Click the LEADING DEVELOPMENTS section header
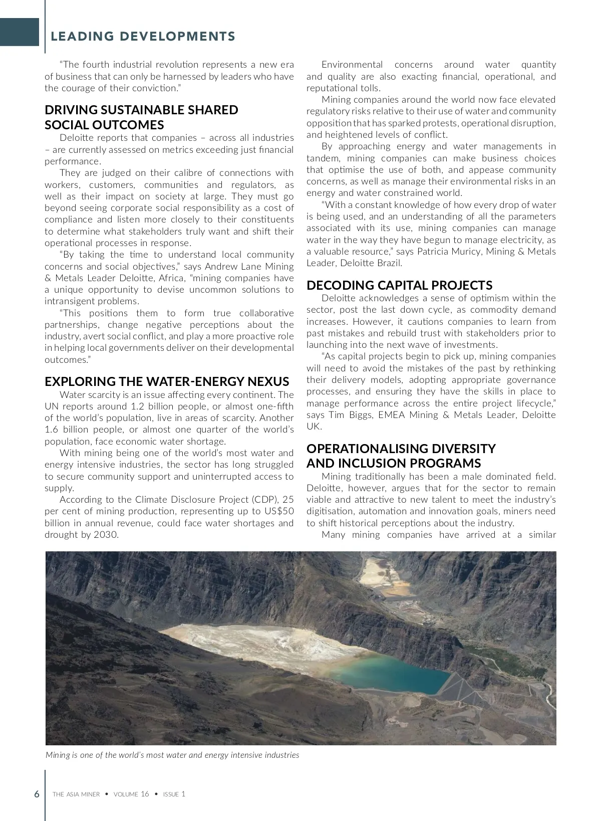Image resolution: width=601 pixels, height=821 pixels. pos(143,37)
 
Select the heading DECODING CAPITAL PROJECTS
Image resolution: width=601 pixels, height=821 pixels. pos(399,285)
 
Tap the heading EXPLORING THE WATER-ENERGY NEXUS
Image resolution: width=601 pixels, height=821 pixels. pos(167,381)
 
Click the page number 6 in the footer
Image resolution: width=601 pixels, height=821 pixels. pos(37,794)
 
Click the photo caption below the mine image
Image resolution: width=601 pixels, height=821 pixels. pos(172,755)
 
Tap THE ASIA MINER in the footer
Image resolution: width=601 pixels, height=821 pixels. pos(76,794)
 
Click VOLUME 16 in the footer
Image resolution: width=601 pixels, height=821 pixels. pos(131,794)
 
